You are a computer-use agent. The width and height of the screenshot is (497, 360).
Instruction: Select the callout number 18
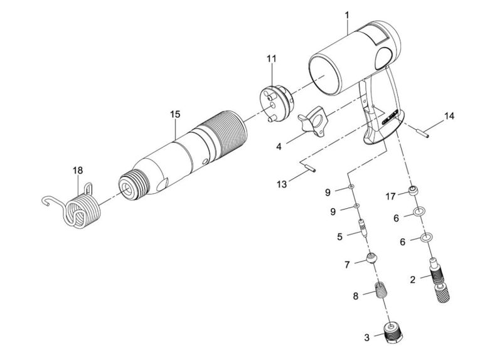tap(77, 170)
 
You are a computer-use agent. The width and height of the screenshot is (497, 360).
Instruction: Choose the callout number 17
tap(389, 196)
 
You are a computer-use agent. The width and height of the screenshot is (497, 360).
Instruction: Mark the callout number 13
tap(282, 184)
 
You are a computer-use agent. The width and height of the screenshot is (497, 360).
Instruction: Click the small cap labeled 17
tap(414, 191)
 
